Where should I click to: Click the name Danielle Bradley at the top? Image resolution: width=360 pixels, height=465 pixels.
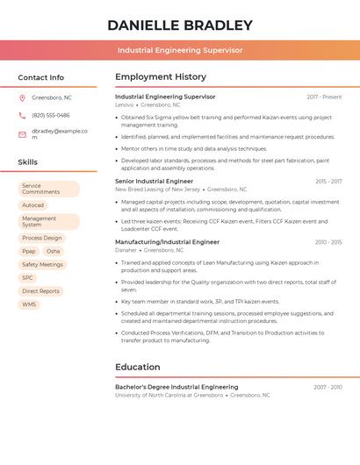(x=180, y=25)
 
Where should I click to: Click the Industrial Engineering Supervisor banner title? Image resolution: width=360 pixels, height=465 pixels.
(x=180, y=50)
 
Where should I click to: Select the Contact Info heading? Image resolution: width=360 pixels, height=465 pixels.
(x=41, y=77)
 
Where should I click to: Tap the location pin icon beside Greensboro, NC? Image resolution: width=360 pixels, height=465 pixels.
(x=22, y=97)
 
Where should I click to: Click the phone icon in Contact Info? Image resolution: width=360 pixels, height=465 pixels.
(x=22, y=115)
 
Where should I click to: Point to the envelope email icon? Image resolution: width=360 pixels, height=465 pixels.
(x=22, y=133)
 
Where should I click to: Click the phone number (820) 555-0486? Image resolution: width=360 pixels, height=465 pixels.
(x=51, y=115)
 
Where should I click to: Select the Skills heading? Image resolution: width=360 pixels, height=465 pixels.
(x=28, y=162)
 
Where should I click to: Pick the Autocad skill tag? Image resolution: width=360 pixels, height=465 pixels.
(x=32, y=205)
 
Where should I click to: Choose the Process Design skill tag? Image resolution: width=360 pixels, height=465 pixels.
(x=42, y=238)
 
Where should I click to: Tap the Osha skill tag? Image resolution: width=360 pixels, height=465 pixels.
(x=54, y=251)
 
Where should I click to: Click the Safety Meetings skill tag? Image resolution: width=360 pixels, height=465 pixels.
(x=42, y=264)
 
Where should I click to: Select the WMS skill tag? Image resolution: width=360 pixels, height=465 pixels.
(x=30, y=304)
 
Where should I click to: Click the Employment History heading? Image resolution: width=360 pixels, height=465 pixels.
(x=161, y=77)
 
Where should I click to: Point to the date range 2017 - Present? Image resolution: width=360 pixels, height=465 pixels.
(x=324, y=97)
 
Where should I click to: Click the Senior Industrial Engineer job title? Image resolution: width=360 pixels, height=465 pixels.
(x=155, y=181)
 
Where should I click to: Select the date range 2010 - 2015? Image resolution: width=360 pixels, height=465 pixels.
(x=328, y=241)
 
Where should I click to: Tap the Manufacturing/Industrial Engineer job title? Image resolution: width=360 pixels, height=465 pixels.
(x=168, y=241)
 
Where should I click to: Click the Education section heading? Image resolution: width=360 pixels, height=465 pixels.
(x=138, y=367)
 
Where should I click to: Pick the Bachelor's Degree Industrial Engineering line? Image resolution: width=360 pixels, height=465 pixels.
(x=176, y=387)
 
